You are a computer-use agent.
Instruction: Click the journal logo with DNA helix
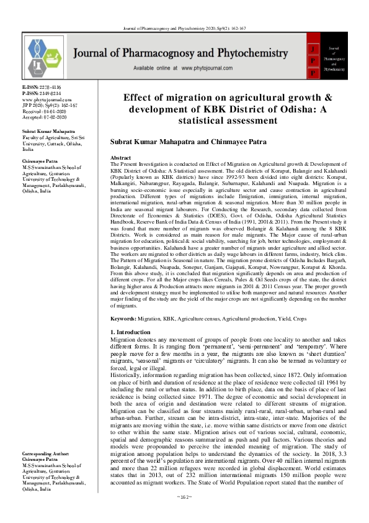[46, 56]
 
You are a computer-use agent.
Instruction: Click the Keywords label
[123, 319]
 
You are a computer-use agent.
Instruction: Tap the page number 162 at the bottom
[184, 515]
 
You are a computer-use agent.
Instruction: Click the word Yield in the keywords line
[285, 319]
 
